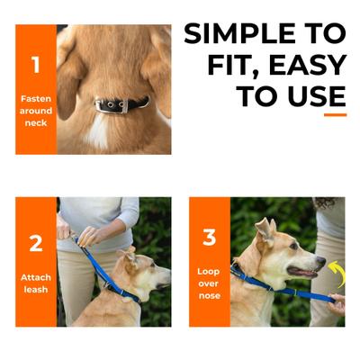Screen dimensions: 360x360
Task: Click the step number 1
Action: coord(36,65)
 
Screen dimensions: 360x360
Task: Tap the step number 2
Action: coord(36,243)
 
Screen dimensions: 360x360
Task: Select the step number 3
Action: coord(209,238)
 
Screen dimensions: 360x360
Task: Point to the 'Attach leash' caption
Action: coord(36,283)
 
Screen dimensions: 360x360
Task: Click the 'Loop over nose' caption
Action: coord(209,283)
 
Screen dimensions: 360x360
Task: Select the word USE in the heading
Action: coord(313,95)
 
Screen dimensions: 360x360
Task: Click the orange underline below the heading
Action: coord(335,114)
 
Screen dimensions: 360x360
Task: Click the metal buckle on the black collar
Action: coord(113,105)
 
